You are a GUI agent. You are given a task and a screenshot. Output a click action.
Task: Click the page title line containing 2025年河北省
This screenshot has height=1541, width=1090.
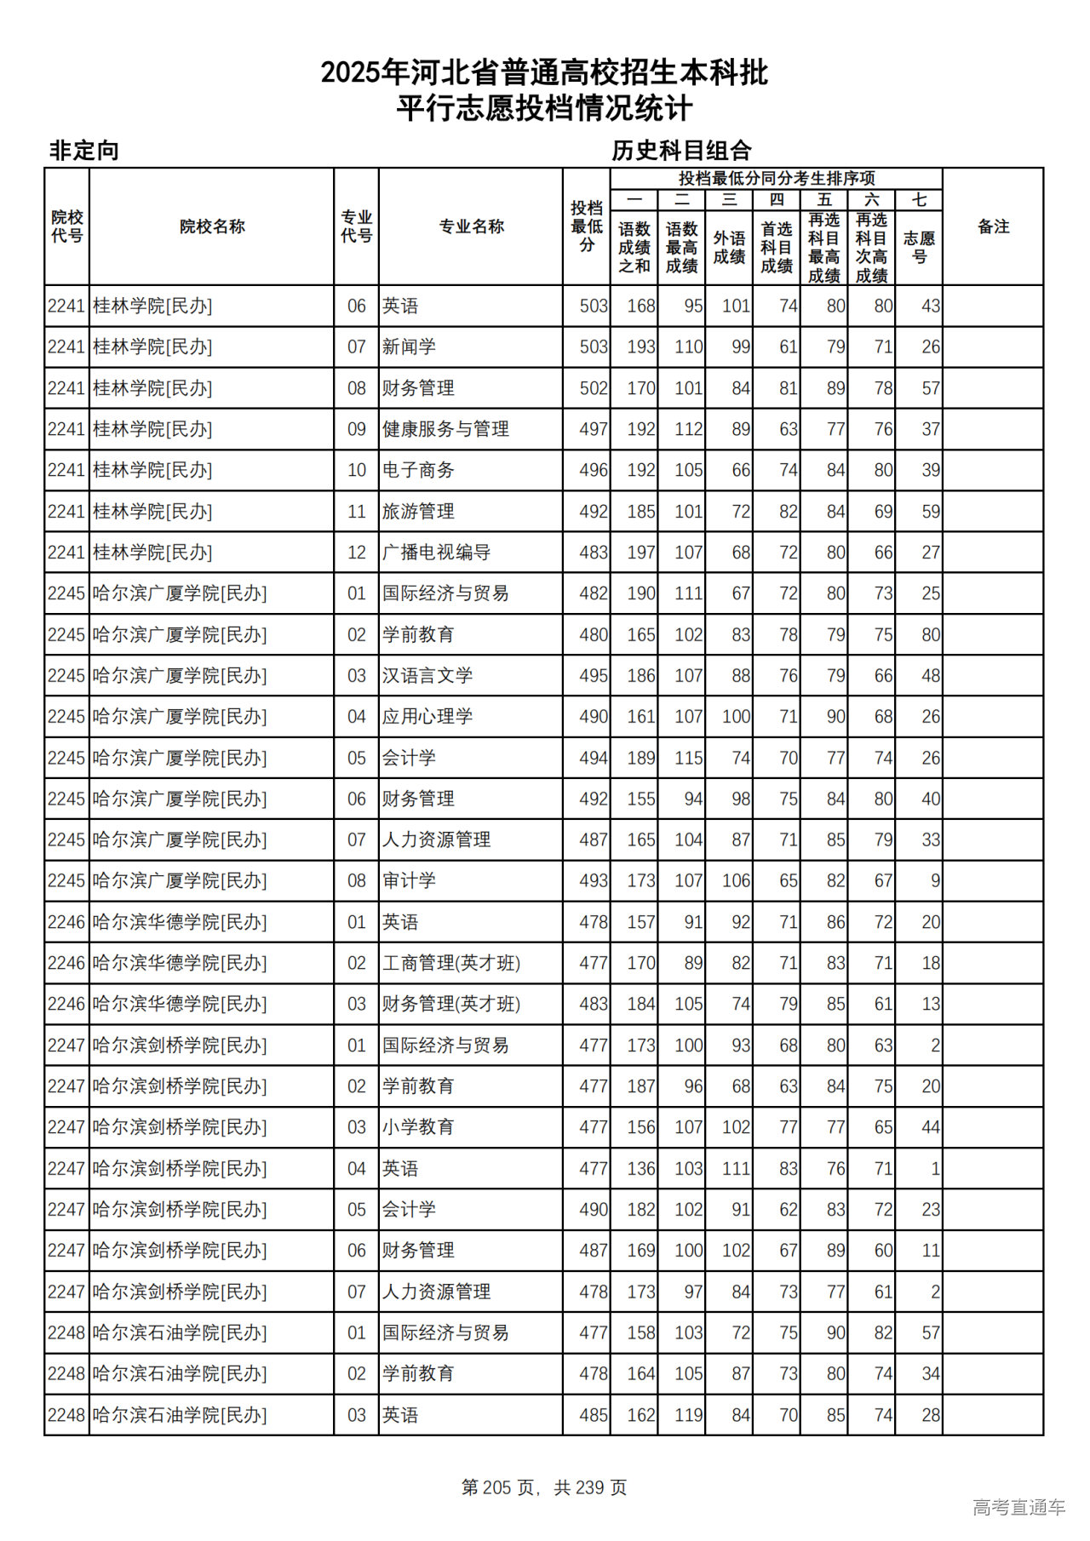[x=544, y=73]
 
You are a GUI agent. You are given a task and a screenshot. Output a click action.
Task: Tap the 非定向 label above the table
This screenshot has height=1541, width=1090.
[x=84, y=151]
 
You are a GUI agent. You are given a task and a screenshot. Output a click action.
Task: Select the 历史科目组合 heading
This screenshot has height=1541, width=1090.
[x=681, y=151]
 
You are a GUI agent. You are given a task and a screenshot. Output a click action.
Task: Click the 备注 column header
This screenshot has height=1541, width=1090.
[x=993, y=226]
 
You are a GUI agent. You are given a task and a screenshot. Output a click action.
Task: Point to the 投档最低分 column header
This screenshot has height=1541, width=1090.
[x=587, y=226]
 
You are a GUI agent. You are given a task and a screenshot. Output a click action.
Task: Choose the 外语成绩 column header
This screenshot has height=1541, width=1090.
[x=729, y=247]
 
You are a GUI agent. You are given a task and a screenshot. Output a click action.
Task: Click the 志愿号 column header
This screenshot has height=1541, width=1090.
[x=919, y=247]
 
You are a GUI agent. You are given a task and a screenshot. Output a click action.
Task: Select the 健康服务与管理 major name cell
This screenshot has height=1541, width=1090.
[x=445, y=429]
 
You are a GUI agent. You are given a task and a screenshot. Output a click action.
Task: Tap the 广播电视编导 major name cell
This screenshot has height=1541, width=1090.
[x=436, y=553]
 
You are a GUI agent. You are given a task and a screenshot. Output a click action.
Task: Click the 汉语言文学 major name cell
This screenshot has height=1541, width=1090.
[x=427, y=676]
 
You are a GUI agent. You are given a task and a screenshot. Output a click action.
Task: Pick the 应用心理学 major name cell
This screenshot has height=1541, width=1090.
[x=427, y=717]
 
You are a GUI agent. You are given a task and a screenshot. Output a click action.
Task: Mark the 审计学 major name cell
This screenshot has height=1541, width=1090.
[x=409, y=881]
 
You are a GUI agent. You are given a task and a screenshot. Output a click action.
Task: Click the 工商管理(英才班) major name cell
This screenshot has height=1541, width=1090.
[x=451, y=963]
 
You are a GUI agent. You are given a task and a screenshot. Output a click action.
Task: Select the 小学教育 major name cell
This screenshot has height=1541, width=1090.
[x=418, y=1127]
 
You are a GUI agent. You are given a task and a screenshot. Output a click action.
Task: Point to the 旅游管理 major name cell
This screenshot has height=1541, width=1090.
[x=418, y=512]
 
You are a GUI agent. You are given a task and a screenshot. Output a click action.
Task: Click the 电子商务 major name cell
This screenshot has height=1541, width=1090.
[x=418, y=470]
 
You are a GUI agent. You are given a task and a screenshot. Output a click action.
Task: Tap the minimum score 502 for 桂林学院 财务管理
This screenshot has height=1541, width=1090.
[x=594, y=388]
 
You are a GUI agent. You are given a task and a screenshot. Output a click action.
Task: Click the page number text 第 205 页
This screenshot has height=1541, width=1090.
[x=499, y=1487]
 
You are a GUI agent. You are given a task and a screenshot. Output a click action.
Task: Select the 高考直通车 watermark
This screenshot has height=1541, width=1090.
[x=1018, y=1507]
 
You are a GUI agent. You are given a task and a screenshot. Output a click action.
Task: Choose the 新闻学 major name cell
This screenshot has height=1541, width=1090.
[x=409, y=347]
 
